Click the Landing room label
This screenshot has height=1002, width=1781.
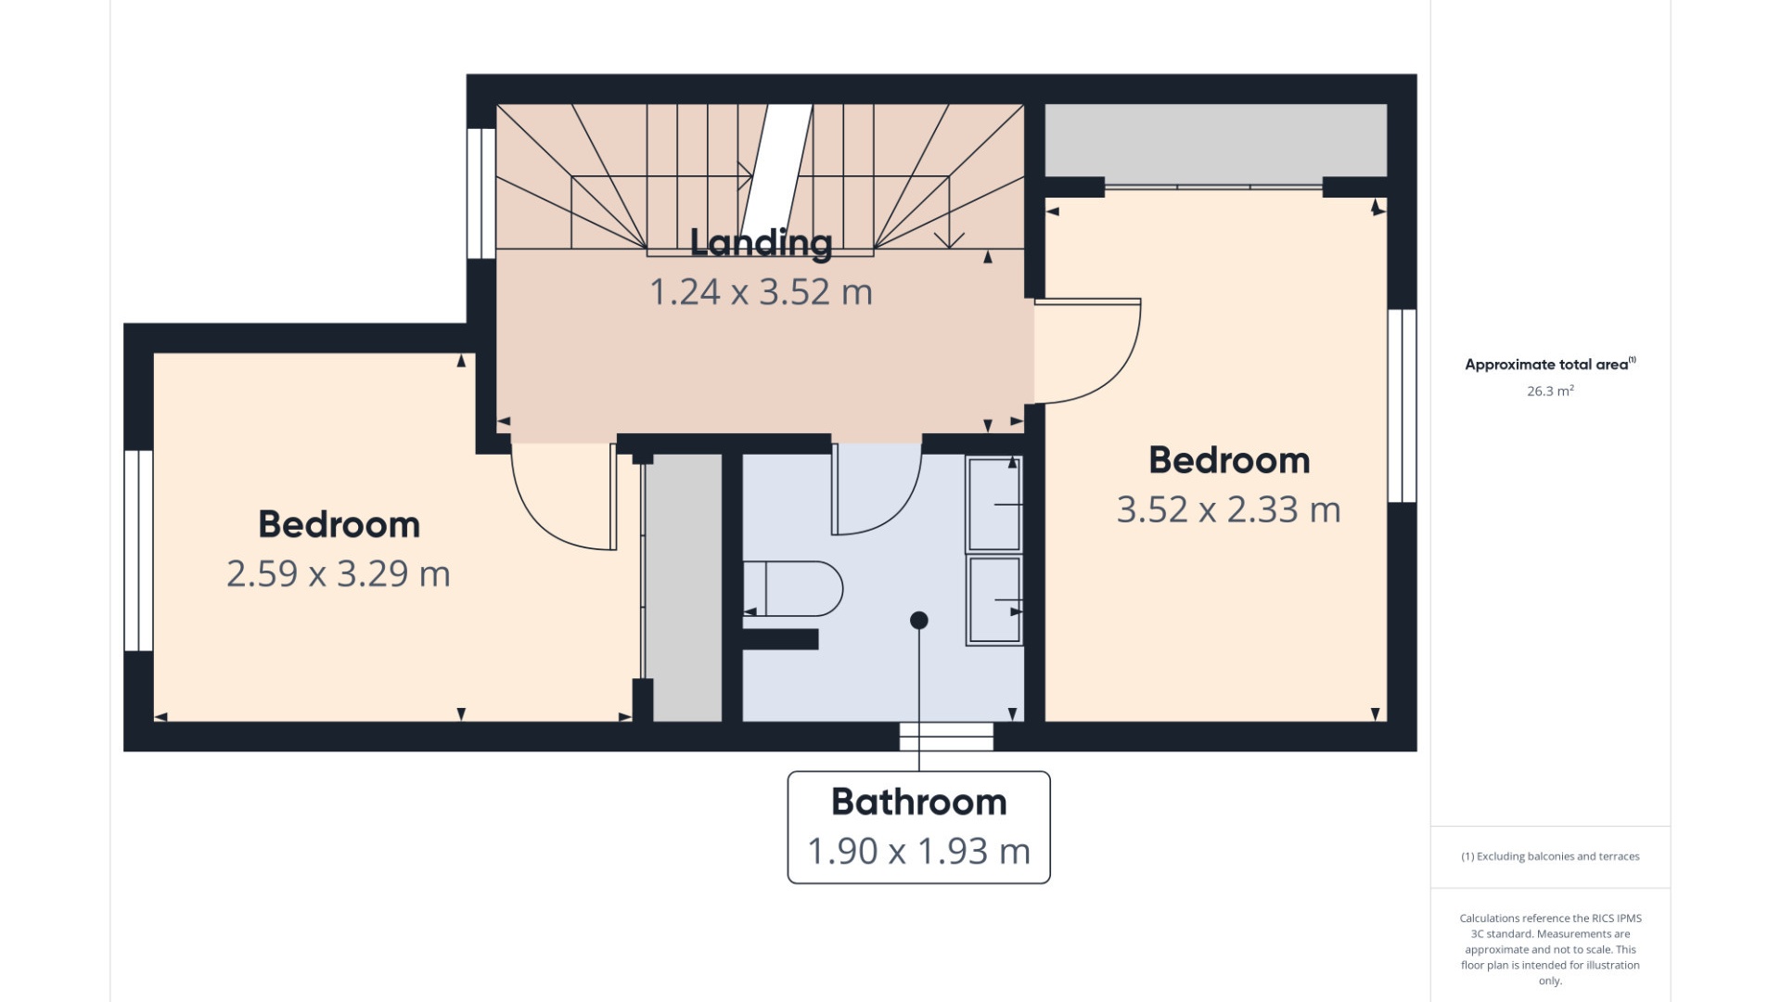tap(761, 243)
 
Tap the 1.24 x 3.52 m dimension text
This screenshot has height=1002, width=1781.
tap(761, 292)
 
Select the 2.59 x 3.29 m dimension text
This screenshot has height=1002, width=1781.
tap(339, 574)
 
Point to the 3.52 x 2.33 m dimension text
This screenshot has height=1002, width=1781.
tap(1228, 510)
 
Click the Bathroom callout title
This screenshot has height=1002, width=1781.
tap(918, 803)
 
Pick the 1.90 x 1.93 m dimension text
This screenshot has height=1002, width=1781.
tap(918, 852)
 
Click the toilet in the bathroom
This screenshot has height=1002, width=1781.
tap(793, 588)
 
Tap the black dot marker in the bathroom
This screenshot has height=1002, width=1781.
tap(919, 621)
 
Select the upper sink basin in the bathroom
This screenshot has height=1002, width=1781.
tap(994, 505)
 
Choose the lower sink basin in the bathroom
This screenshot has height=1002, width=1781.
tap(994, 599)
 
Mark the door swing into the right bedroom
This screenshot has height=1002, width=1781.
tap(1087, 352)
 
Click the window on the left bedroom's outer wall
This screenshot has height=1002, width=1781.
tap(138, 551)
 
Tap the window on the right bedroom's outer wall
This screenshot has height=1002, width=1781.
tap(1402, 405)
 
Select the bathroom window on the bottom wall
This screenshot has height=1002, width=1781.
tap(946, 737)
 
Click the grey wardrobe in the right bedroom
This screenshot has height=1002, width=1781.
tap(1215, 140)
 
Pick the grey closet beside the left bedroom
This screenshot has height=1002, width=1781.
tap(684, 587)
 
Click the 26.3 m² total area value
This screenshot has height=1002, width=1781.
tap(1550, 392)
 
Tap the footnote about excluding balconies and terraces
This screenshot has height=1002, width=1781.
tap(1550, 856)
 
